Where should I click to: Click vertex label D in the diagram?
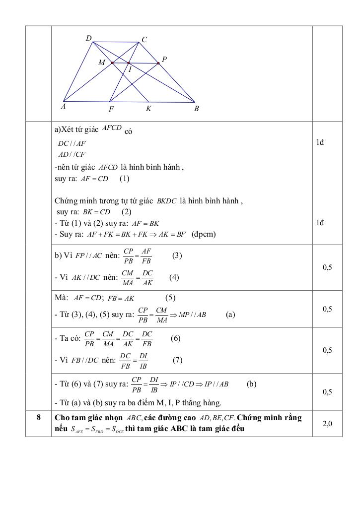tap(88, 38)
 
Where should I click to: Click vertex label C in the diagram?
tap(144, 40)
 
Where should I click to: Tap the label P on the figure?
tap(164, 60)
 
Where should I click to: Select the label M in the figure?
tap(102, 63)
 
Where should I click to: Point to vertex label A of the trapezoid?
tap(64, 106)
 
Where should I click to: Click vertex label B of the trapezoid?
tap(197, 108)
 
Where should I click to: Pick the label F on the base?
tap(111, 109)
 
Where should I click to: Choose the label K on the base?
tap(148, 108)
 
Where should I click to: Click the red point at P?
tap(158, 63)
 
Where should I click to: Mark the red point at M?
tap(112, 63)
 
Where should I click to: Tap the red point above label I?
tap(129, 63)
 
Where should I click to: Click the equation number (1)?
tap(124, 179)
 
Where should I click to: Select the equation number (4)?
tap(174, 277)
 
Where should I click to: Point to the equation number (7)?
tap(178, 361)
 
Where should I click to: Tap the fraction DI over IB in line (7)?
tap(143, 361)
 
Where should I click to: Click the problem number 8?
tap(38, 417)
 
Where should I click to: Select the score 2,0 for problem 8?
tap(327, 423)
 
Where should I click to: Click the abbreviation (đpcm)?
tap(204, 234)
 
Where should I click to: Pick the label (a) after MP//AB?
tap(230, 315)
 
